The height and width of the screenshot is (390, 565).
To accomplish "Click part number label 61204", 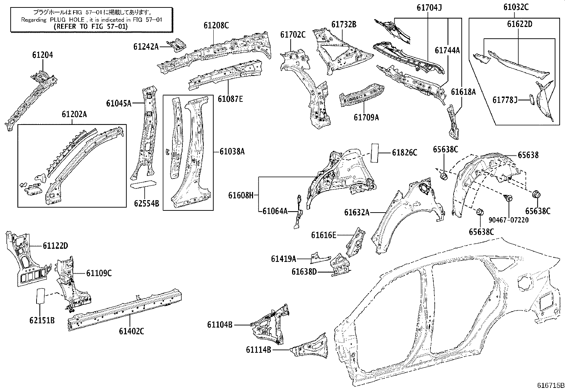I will click(x=43, y=55).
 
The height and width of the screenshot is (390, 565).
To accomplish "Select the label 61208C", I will click(x=216, y=25).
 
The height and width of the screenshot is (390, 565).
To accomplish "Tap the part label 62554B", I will click(x=146, y=203).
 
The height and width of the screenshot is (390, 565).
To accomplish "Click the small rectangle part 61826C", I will click(x=375, y=153).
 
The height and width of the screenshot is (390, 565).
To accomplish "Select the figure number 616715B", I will click(x=550, y=385).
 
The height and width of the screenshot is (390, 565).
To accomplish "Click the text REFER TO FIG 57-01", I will click(x=91, y=26).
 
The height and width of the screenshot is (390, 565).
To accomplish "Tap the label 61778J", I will click(x=505, y=100).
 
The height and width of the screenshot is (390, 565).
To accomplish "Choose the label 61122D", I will click(x=55, y=246).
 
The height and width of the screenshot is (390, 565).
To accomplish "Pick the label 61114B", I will click(x=258, y=350).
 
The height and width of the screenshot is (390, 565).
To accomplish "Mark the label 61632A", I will click(x=357, y=212).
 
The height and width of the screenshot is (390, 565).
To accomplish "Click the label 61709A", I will click(x=366, y=117).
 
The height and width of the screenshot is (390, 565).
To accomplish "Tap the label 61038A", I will click(x=232, y=152).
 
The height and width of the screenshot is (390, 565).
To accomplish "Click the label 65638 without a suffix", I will click(x=528, y=155).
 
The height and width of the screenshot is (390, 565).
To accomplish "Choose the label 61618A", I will click(x=463, y=92).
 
